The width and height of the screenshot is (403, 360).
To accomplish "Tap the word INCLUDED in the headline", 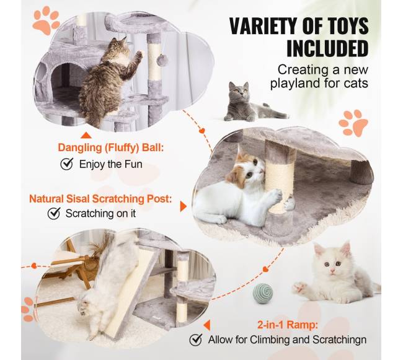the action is pyautogui.click(x=327, y=48).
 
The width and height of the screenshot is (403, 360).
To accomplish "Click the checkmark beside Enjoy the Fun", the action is pyautogui.click(x=66, y=164).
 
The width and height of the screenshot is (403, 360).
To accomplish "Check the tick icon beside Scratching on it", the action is pyautogui.click(x=54, y=213).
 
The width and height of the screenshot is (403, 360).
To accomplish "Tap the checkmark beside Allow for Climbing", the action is pyautogui.click(x=196, y=340).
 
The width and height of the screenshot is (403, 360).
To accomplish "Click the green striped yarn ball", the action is pyautogui.click(x=263, y=294).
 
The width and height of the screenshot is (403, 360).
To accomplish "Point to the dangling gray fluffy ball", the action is pyautogui.click(x=162, y=60).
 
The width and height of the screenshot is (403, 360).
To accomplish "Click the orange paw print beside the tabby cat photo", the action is pyautogui.click(x=46, y=20).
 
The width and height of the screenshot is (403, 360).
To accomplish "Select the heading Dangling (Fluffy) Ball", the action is pyautogui.click(x=110, y=148).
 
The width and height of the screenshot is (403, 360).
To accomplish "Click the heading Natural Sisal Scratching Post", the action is pyautogui.click(x=100, y=199).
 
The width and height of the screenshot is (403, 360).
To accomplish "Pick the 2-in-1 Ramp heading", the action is pyautogui.click(x=288, y=325).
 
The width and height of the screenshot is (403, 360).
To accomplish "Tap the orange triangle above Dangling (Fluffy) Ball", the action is pyautogui.click(x=86, y=135).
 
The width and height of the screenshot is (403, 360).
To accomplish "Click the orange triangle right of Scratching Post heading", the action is pyautogui.click(x=183, y=206).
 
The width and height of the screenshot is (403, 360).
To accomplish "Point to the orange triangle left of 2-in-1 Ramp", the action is pyautogui.click(x=207, y=325).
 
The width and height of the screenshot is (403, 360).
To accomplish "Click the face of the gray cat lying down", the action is pyautogui.click(x=239, y=92).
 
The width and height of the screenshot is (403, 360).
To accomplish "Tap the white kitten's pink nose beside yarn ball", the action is pyautogui.click(x=332, y=271).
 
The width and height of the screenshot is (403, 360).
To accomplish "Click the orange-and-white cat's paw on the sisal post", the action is pyautogui.click(x=275, y=195).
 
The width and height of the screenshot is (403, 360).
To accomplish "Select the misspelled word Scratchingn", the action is pyautogui.click(x=339, y=340).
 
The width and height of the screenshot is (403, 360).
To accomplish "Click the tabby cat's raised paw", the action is pyautogui.click(x=138, y=55).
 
